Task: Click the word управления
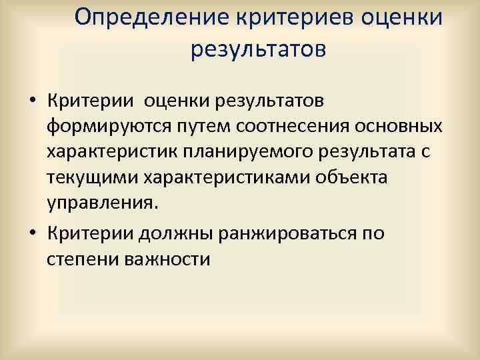(x=103, y=203)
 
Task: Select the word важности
(x=167, y=259)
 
